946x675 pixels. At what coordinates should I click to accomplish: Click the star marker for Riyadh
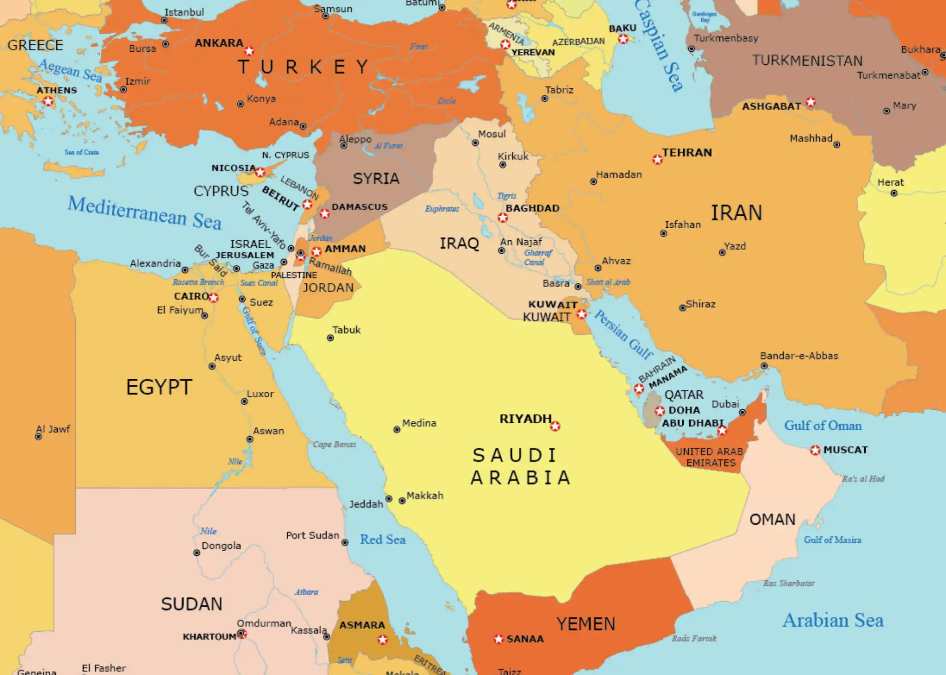(555, 426)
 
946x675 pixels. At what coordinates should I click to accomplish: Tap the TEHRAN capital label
(687, 152)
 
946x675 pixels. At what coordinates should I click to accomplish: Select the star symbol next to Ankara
(249, 50)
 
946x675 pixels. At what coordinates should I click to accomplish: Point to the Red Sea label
(382, 540)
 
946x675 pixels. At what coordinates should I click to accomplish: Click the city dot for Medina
(396, 430)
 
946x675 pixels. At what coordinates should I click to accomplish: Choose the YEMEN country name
(586, 624)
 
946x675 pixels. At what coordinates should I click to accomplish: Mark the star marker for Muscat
(815, 450)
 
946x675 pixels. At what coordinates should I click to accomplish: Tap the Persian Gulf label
(623, 334)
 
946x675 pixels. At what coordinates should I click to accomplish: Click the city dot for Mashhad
(837, 145)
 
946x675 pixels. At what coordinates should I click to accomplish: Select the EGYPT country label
(159, 387)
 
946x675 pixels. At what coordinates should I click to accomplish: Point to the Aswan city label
(268, 431)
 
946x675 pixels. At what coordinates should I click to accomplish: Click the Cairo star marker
(213, 298)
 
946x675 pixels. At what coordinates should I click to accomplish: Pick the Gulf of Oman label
(823, 426)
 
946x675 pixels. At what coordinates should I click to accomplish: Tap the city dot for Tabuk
(330, 338)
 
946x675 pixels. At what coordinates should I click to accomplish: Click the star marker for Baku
(623, 39)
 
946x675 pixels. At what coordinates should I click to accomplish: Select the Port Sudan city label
(312, 535)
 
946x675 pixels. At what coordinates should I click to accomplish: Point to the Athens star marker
(48, 101)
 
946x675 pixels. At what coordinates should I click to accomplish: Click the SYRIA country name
(376, 179)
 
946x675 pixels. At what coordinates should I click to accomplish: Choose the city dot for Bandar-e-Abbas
(764, 366)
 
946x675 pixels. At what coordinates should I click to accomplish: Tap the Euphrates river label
(442, 209)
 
